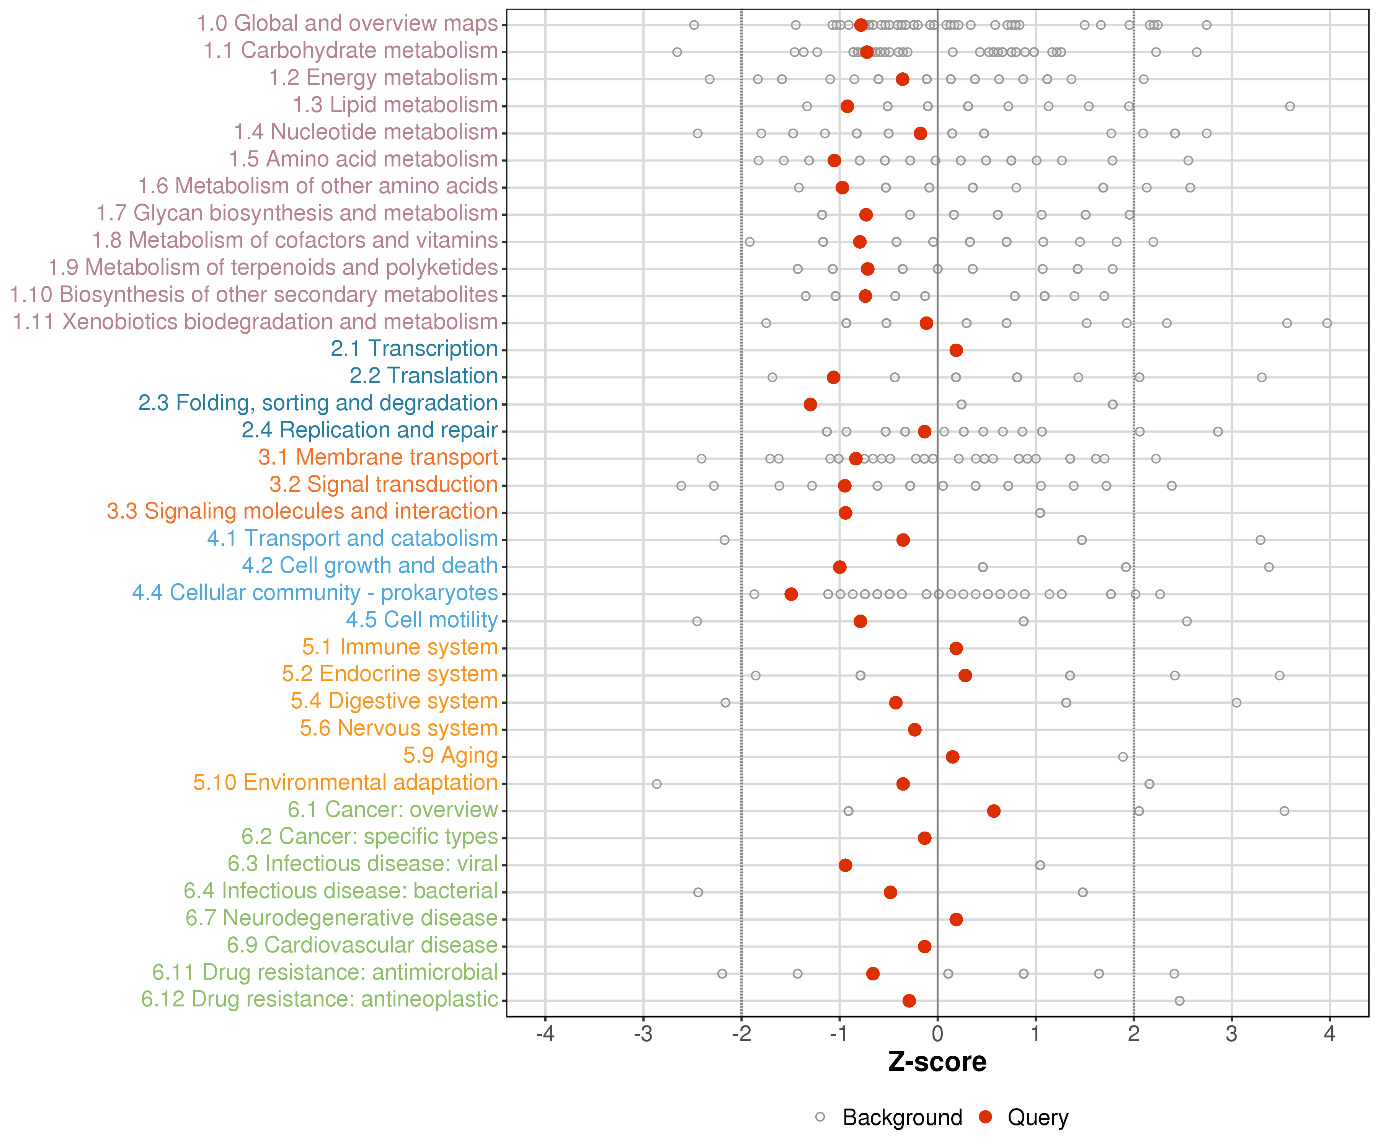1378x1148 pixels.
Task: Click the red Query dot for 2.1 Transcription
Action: point(956,350)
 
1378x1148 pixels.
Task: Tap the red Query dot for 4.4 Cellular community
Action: point(791,594)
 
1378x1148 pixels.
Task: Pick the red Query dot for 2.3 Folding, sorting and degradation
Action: point(810,404)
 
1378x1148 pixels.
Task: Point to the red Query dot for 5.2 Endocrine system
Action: point(965,676)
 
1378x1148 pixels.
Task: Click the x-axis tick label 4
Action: point(1329,1034)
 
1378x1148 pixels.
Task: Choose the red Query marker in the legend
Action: point(985,1117)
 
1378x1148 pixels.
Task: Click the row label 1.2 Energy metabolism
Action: point(383,77)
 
